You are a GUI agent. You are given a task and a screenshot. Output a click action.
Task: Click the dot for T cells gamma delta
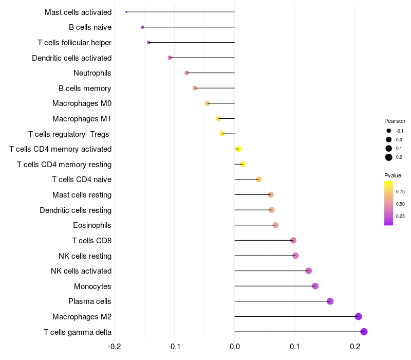pyautogui.click(x=364, y=332)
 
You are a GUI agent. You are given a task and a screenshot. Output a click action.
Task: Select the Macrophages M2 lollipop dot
pyautogui.click(x=359, y=316)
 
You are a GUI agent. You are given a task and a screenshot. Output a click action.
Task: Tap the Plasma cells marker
pyautogui.click(x=330, y=301)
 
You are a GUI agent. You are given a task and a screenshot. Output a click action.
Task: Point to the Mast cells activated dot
pyautogui.click(x=126, y=12)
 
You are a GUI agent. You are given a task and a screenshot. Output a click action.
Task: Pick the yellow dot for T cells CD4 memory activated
pyautogui.click(x=238, y=149)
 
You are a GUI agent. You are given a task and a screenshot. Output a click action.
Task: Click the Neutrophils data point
pyautogui.click(x=186, y=73)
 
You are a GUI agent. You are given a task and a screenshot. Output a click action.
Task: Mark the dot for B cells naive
pyautogui.click(x=142, y=27)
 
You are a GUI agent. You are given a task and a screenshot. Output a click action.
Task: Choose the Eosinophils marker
pyautogui.click(x=275, y=225)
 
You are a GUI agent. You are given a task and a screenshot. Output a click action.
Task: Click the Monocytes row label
pyautogui.click(x=92, y=286)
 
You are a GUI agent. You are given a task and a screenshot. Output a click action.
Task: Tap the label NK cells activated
pyautogui.click(x=81, y=271)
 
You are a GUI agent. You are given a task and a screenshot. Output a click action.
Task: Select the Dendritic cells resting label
pyautogui.click(x=76, y=210)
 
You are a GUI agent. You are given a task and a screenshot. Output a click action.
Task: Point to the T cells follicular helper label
pyautogui.click(x=74, y=42)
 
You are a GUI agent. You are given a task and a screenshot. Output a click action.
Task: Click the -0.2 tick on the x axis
pyautogui.click(x=115, y=347)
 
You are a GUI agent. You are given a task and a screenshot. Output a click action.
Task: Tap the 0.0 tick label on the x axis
pyautogui.click(x=235, y=347)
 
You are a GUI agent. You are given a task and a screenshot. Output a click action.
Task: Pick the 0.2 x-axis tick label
pyautogui.click(x=355, y=347)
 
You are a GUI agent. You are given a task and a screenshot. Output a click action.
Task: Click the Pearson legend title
pyautogui.click(x=395, y=121)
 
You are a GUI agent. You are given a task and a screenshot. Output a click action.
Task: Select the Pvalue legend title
pyautogui.click(x=393, y=175)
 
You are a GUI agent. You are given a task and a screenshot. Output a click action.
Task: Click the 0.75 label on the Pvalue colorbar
pyautogui.click(x=400, y=192)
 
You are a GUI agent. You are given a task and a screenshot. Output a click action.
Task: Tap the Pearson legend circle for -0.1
pyautogui.click(x=389, y=131)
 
